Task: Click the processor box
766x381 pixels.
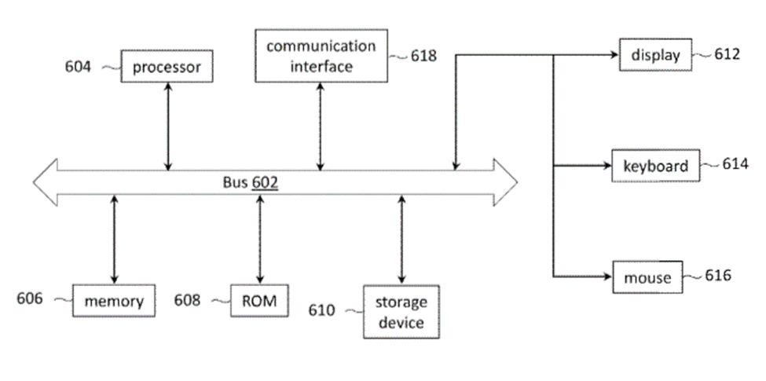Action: click(167, 67)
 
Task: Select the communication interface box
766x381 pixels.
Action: click(321, 56)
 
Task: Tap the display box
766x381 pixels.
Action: click(655, 55)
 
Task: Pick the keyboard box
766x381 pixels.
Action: click(655, 166)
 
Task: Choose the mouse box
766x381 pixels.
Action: click(647, 277)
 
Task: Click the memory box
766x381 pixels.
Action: click(114, 301)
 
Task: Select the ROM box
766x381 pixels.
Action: click(254, 300)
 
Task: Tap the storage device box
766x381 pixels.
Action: click(400, 312)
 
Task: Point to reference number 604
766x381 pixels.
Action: click(78, 66)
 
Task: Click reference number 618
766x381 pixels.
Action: click(424, 56)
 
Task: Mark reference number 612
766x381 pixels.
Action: click(727, 54)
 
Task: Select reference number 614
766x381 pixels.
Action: click(735, 164)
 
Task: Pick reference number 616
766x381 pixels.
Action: click(718, 276)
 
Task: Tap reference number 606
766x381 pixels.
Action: click(30, 299)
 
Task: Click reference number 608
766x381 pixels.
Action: click(187, 300)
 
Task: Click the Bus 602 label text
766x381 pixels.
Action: click(251, 182)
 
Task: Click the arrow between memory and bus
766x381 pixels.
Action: click(115, 239)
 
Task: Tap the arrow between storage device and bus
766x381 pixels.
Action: click(401, 240)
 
